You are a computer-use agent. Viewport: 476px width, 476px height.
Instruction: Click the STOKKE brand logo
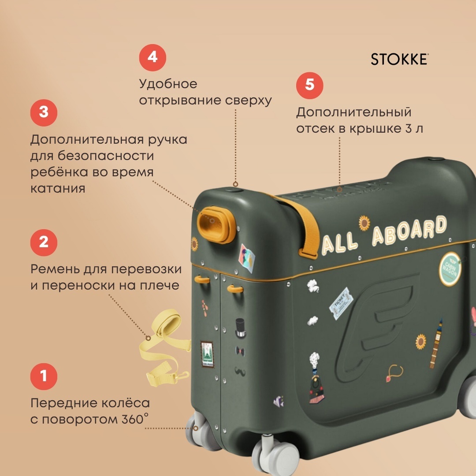399,59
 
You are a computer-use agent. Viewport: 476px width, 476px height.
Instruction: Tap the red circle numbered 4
152,57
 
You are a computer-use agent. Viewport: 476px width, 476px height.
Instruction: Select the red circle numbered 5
310,86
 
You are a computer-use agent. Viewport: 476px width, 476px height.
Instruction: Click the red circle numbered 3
44,113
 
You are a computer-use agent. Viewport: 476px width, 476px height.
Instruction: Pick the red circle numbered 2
44,242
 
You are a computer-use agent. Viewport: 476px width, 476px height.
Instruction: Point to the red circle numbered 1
44,376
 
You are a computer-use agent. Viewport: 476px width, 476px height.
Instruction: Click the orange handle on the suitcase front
216,225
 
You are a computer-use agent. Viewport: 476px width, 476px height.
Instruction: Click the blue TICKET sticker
341,303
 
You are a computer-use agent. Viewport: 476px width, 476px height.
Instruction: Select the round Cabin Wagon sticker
450,269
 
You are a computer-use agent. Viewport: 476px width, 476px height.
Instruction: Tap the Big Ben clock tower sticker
436,343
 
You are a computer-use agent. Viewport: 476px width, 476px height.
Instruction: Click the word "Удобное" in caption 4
168,84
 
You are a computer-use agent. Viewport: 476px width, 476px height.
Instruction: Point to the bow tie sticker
240,352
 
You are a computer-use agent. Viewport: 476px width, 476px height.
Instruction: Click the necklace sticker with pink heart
394,373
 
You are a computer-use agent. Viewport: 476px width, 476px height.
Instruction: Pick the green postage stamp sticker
208,354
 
